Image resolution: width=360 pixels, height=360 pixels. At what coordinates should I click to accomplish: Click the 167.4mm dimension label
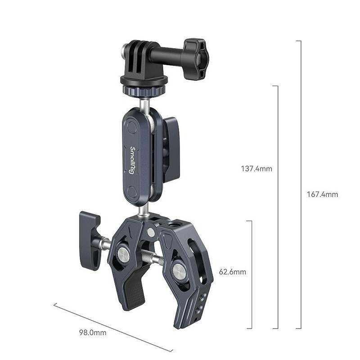point(322,194)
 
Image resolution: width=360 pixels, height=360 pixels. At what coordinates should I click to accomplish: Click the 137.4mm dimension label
point(257,169)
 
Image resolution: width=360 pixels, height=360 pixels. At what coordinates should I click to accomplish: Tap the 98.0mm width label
point(93,333)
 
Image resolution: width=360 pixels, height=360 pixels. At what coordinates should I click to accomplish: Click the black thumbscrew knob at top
point(195,53)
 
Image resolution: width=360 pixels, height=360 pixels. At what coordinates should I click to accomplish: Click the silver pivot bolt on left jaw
point(123,255)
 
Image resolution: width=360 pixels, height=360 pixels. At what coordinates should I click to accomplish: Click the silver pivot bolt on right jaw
point(178,271)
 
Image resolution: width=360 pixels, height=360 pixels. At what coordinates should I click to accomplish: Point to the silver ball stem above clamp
point(143,210)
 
